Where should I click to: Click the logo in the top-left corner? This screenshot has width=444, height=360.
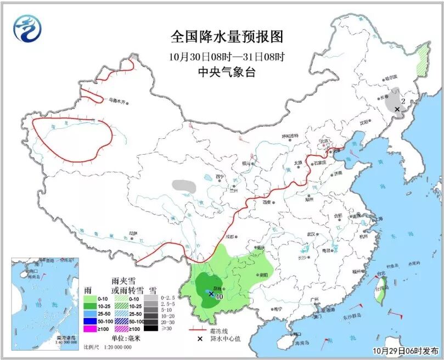tap(27, 28)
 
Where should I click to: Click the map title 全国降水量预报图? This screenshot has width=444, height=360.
tap(227, 37)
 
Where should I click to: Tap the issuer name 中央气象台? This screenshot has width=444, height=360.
tap(227, 73)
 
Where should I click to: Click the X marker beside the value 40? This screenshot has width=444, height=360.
tap(211, 294)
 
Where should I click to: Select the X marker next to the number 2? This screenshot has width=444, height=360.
tap(396, 109)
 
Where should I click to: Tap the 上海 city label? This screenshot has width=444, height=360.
tap(376, 219)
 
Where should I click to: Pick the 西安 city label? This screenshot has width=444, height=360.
tap(267, 202)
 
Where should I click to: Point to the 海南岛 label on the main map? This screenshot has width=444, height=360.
tap(301, 343)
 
